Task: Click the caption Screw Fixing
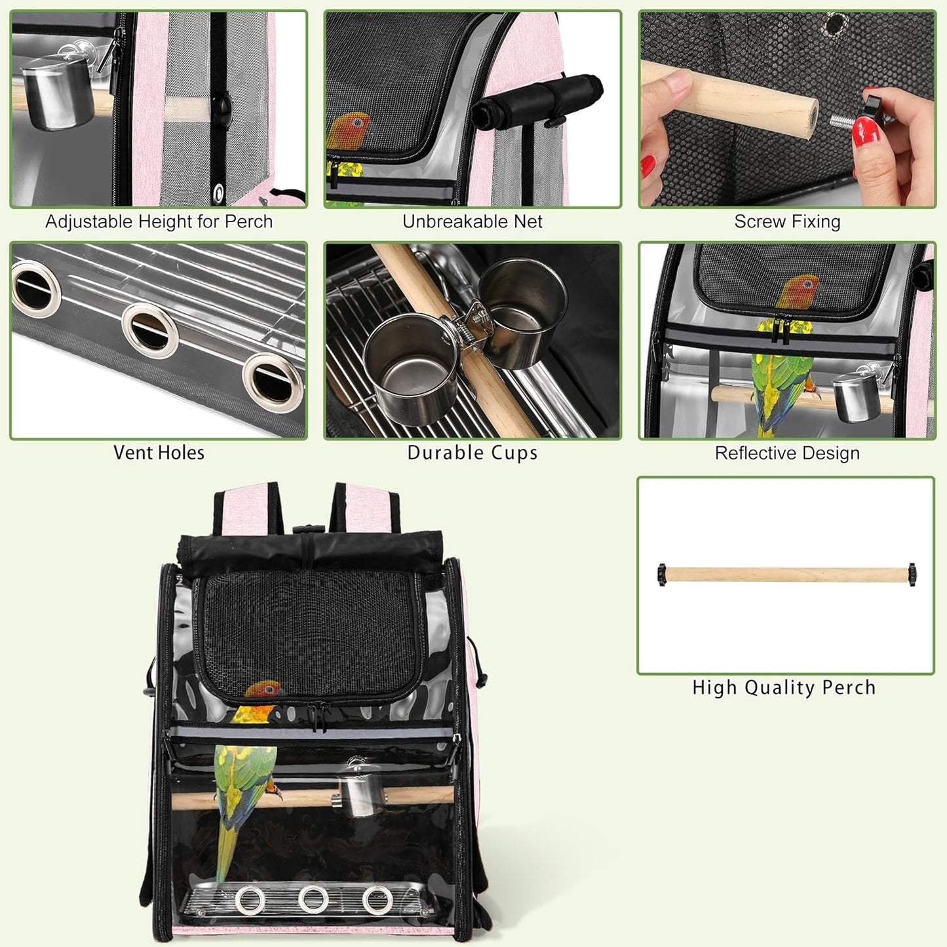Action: pyautogui.click(x=787, y=222)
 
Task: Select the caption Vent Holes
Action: pyautogui.click(x=159, y=453)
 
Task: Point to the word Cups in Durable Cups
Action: pyautogui.click(x=515, y=453)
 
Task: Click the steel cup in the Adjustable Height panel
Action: pyautogui.click(x=58, y=92)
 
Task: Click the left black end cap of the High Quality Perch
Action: pyautogui.click(x=661, y=575)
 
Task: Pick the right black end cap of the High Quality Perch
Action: pyautogui.click(x=912, y=575)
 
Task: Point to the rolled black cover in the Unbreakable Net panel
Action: pyautogui.click(x=537, y=102)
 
